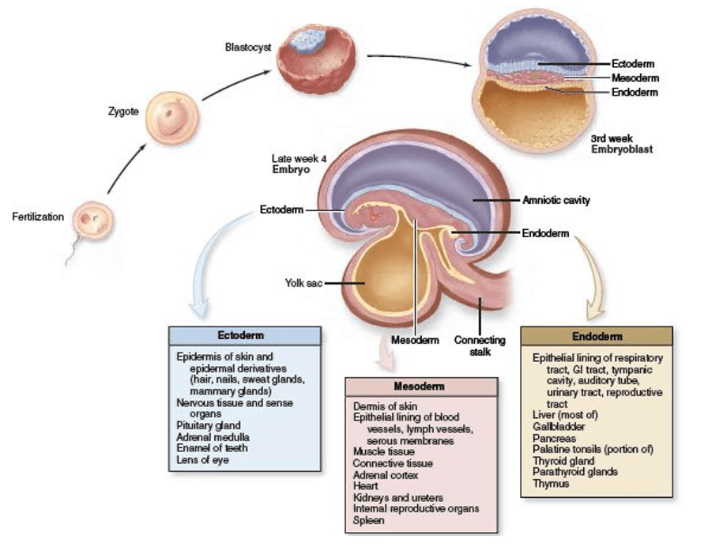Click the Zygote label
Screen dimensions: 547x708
coord(123,111)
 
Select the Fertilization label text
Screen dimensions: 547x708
coord(38,217)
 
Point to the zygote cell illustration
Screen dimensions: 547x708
coord(168,116)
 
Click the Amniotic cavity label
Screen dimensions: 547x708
coord(556,201)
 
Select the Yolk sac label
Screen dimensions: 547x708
coord(303,281)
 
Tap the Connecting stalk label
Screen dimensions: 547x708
coord(474,345)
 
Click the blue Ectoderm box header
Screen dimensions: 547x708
coord(244,335)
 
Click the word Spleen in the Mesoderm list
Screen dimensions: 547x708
coord(369,520)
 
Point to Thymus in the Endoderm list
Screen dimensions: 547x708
coord(550,483)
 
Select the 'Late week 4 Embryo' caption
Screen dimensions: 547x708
coord(299,163)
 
